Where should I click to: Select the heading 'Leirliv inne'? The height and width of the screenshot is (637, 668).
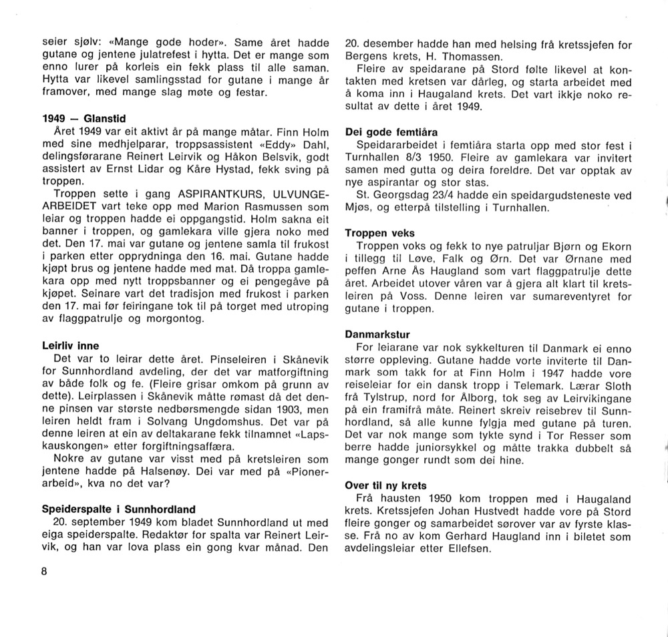pos(70,346)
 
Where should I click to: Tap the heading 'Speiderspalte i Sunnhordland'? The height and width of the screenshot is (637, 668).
pos(119,490)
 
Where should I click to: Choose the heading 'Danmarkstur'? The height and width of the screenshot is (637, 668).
pos(377,334)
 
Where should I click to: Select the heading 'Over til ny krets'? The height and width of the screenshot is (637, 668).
pos(386,485)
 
